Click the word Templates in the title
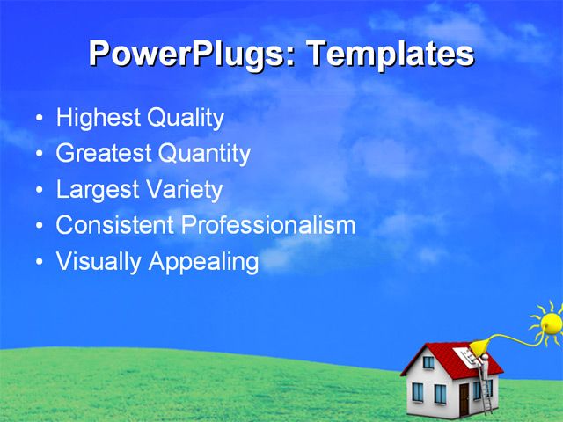(389, 55)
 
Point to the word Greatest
(104, 155)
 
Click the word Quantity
(204, 155)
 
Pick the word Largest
(94, 190)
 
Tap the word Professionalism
(268, 226)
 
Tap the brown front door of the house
(464, 399)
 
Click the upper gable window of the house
(428, 361)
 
